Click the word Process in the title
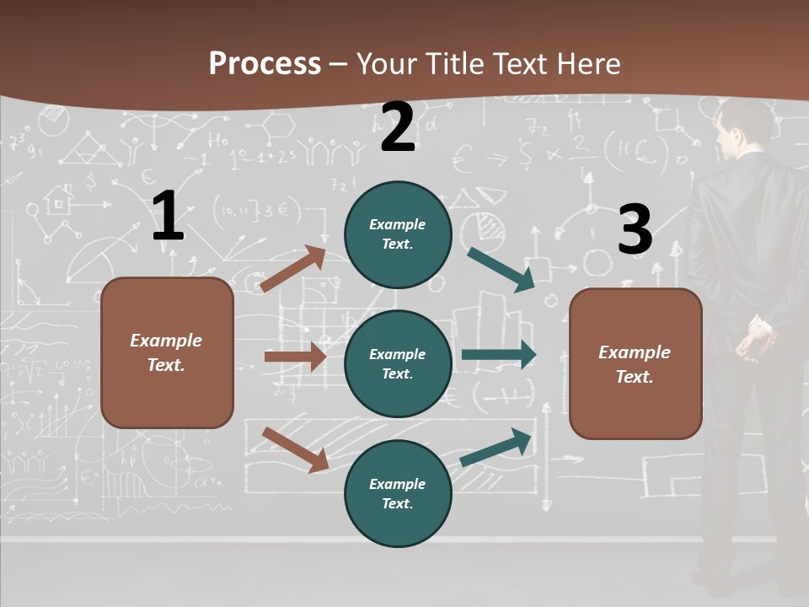pyautogui.click(x=265, y=64)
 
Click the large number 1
pyautogui.click(x=168, y=217)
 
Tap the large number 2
pyautogui.click(x=398, y=127)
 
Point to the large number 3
pyautogui.click(x=635, y=229)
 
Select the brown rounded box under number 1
pyautogui.click(x=167, y=352)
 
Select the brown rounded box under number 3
pyautogui.click(x=635, y=363)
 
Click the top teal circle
pyautogui.click(x=398, y=234)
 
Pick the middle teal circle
pyautogui.click(x=398, y=363)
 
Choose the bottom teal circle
pyautogui.click(x=398, y=493)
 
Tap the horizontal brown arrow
pyautogui.click(x=295, y=357)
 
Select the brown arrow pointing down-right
pyautogui.click(x=295, y=449)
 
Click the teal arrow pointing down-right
pyautogui.click(x=501, y=269)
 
